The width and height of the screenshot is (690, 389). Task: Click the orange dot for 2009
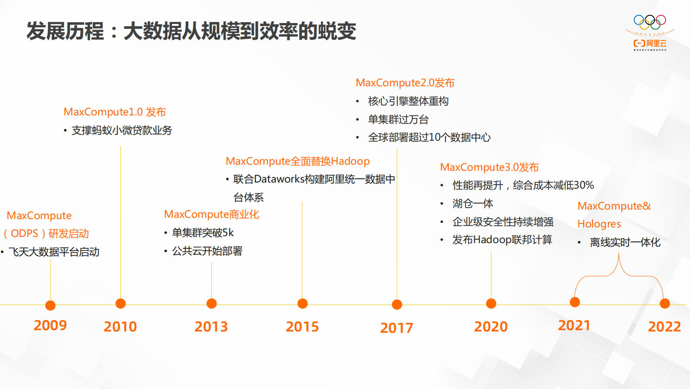pos(50,305)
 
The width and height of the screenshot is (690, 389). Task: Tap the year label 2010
pos(120,327)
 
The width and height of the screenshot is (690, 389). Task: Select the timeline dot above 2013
pos(212,304)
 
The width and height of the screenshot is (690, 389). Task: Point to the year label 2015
pos(302,327)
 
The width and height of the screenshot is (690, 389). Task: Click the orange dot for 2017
pos(397,304)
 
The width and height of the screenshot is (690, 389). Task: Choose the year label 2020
pos(491,327)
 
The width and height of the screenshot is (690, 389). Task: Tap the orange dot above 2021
pos(575,302)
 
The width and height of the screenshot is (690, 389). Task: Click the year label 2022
pos(664,327)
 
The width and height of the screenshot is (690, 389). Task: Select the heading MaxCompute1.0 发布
pos(115,112)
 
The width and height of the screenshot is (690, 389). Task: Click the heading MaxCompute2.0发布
pos(405,83)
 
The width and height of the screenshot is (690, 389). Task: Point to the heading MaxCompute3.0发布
pos(489,167)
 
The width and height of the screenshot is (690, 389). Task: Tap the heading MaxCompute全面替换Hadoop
pos(297,161)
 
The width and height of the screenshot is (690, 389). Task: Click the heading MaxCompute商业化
pos(211,214)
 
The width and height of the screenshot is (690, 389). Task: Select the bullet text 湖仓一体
pos(473,203)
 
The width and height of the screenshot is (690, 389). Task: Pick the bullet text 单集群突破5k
pos(203,233)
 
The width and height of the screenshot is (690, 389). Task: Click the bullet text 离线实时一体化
pos(625,242)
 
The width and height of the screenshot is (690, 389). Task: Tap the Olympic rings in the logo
pos(650,21)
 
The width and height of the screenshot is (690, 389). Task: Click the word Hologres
pos(599,224)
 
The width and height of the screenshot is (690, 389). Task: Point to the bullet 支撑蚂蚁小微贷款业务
pos(122,130)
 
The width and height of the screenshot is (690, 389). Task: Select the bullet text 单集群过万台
pos(398,119)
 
